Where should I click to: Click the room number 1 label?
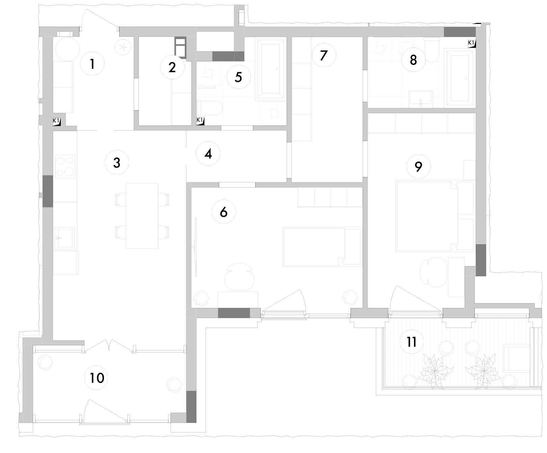click(93, 63)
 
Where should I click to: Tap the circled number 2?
click(172, 67)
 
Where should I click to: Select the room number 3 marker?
click(117, 163)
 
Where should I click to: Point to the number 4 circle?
click(208, 153)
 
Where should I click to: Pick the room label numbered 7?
click(324, 55)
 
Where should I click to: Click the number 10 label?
click(97, 378)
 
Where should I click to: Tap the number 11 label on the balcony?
click(412, 342)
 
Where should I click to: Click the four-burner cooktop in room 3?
click(66, 166)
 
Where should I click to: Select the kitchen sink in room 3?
click(64, 238)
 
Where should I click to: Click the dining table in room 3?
click(142, 216)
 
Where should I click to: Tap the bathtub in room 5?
click(270, 69)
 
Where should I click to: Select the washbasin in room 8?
click(421, 99)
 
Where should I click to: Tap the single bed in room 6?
click(322, 247)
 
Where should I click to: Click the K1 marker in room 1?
click(57, 121)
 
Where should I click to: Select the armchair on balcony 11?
click(517, 358)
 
